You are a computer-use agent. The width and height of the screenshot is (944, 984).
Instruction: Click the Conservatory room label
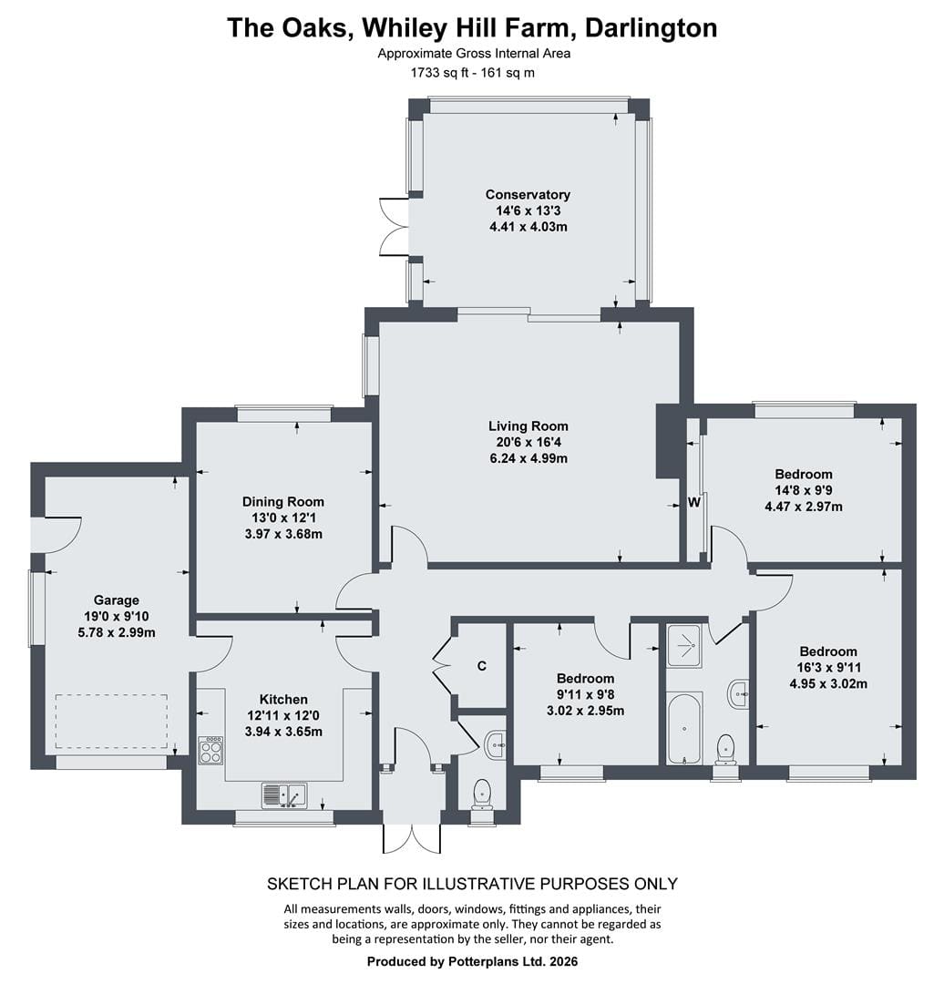(x=528, y=195)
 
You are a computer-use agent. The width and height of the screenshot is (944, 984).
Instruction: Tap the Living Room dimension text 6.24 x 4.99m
(x=528, y=458)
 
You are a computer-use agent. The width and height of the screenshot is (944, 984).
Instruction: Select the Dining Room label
(x=283, y=501)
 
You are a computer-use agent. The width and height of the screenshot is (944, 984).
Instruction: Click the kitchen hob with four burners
(x=210, y=750)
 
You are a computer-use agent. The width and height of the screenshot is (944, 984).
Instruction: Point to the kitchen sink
(x=284, y=795)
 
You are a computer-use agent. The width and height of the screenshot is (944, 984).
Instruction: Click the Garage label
(x=116, y=600)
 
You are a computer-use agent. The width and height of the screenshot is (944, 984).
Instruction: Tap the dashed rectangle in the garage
(x=111, y=721)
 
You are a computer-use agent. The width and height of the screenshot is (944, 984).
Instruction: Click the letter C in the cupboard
(x=482, y=666)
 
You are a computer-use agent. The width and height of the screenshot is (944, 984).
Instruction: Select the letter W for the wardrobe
(x=694, y=502)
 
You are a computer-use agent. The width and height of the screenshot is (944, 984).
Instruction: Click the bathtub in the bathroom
(x=683, y=729)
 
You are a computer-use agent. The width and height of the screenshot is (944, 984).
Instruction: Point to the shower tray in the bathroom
(x=687, y=645)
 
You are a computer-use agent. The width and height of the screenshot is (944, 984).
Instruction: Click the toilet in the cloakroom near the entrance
(x=482, y=795)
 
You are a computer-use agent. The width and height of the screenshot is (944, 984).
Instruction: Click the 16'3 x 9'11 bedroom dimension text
(x=828, y=668)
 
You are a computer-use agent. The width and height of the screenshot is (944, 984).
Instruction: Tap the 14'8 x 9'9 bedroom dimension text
(x=804, y=490)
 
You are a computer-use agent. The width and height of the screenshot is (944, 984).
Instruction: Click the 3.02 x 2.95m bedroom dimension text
(x=585, y=711)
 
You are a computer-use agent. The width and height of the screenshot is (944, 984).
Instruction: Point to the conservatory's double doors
(x=395, y=227)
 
